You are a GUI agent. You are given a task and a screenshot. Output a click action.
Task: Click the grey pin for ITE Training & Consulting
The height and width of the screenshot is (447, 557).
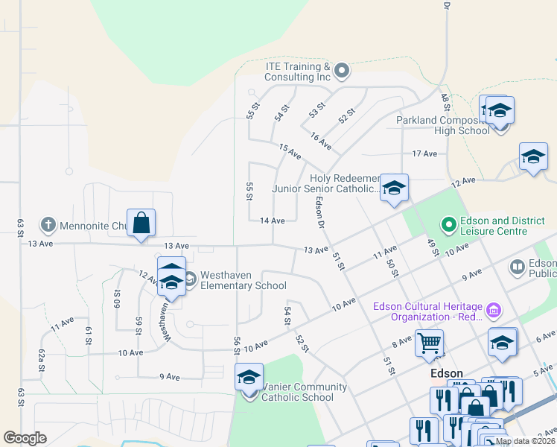coord(342,72)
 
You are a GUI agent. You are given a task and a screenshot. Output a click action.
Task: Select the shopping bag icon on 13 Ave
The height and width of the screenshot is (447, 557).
coord(141,223)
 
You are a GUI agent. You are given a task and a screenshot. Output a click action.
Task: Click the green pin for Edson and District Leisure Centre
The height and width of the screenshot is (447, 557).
coord(448,223)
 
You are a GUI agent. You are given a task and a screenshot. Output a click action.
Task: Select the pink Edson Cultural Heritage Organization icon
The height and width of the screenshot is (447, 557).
coord(492,309)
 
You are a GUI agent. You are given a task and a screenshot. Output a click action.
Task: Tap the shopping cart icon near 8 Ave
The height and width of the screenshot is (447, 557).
coord(429,343)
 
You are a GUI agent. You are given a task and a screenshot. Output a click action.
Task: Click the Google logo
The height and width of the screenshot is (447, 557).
coord(25,438)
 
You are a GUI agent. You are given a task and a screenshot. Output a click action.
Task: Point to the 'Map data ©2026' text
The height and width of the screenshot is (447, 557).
coord(525,441)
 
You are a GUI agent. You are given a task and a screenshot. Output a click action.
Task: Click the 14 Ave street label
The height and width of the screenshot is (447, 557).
coord(273,221)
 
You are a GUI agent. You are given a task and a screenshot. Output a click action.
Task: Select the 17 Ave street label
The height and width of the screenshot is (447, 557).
coord(424,153)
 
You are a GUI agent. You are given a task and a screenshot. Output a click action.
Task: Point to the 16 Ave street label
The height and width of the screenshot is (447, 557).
coord(321,139)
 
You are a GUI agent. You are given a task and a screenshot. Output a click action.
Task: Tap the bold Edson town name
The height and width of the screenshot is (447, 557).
coord(447,374)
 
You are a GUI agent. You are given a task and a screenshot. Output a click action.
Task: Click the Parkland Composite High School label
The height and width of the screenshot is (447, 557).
coord(443,125)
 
